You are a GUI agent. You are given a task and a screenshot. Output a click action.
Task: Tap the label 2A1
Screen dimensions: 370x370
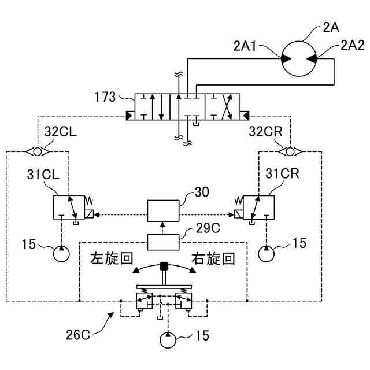245,46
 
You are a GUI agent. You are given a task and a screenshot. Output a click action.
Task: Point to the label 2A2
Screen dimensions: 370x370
353,45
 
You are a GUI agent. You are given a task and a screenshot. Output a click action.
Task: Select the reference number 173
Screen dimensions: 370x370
105,97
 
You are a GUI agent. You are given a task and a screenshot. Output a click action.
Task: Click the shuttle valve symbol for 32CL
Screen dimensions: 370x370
37,151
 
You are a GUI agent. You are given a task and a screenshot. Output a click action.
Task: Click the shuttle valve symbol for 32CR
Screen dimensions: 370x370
290,151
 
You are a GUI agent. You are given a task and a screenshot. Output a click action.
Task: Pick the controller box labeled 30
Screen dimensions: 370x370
163,210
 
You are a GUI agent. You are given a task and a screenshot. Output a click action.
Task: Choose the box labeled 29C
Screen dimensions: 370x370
163,242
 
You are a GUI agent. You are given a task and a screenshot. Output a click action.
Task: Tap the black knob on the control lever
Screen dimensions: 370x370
164,266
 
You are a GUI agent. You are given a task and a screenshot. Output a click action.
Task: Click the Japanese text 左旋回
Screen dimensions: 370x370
112,258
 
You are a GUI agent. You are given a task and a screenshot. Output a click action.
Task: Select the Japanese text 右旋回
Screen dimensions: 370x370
213,258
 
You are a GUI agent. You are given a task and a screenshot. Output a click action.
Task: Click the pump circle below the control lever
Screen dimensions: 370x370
168,340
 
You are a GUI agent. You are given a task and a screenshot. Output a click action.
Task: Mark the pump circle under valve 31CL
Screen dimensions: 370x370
61,254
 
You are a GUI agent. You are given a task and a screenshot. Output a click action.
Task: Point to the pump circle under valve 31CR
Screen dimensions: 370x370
267,254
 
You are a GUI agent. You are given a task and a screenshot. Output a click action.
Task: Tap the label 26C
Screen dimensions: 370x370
78,335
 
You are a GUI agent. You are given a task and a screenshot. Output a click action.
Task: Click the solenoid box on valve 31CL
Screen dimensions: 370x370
89,214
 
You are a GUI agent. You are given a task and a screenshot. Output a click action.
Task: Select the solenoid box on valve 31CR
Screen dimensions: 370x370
239,214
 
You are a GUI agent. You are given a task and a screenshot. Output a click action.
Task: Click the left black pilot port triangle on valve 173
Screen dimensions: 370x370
130,116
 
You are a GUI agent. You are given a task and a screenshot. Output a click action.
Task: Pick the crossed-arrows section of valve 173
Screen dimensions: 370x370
223,106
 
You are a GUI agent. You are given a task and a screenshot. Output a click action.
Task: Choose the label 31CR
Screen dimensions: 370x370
282,173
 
